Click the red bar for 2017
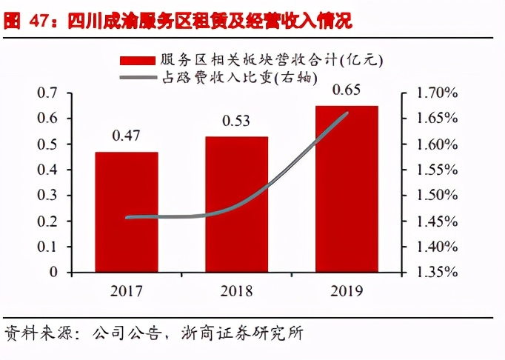(x=126, y=212)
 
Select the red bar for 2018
(x=236, y=204)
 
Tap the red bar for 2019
(x=346, y=188)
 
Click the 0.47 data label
(x=126, y=136)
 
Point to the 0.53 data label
(x=236, y=121)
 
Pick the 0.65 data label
(x=347, y=90)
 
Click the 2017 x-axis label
(x=126, y=290)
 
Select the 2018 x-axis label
(x=236, y=290)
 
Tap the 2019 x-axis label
(x=347, y=290)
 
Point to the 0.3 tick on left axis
(x=47, y=196)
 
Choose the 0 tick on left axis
(x=53, y=273)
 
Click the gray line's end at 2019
(x=347, y=113)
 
